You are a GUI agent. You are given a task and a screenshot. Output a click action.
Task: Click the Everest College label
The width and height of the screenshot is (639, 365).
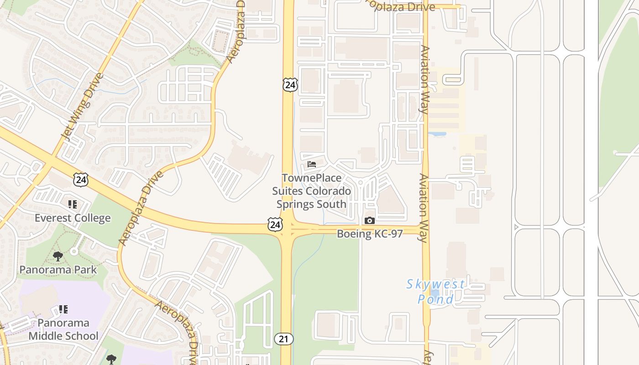(73, 218)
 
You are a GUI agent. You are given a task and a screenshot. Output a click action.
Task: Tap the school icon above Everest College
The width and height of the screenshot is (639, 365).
(72, 204)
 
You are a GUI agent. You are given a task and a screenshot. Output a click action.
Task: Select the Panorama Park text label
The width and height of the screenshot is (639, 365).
(58, 270)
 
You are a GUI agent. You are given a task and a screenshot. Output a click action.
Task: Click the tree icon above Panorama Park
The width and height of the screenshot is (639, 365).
(58, 256)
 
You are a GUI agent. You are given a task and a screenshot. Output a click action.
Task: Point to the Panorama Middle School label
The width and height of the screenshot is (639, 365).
(63, 329)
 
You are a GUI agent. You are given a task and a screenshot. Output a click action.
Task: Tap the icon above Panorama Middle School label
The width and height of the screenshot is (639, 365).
(63, 309)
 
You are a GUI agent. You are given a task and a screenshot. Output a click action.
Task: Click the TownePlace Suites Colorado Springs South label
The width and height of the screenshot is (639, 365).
(312, 191)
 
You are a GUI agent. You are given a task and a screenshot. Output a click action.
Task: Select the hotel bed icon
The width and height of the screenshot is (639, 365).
(312, 164)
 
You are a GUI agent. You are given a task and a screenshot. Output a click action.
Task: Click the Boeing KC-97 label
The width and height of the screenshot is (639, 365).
(370, 234)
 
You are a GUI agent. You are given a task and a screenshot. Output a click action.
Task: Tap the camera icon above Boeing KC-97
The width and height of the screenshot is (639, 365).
(369, 221)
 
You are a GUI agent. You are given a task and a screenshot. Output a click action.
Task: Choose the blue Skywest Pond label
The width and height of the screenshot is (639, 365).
(435, 292)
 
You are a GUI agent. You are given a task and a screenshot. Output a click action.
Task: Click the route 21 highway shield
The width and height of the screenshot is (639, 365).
(283, 339)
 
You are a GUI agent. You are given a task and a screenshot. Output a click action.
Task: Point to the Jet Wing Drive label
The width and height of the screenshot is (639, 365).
(82, 107)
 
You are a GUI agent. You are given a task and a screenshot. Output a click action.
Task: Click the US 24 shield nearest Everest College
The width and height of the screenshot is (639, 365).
(81, 179)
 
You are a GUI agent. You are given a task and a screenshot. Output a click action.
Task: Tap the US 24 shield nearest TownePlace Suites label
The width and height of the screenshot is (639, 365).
(275, 224)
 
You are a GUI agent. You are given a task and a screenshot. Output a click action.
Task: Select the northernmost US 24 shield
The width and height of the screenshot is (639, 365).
(290, 84)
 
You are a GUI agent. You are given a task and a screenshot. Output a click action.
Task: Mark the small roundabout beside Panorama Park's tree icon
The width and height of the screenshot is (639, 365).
(74, 251)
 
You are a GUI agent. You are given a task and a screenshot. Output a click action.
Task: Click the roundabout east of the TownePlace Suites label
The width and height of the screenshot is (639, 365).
(360, 182)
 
